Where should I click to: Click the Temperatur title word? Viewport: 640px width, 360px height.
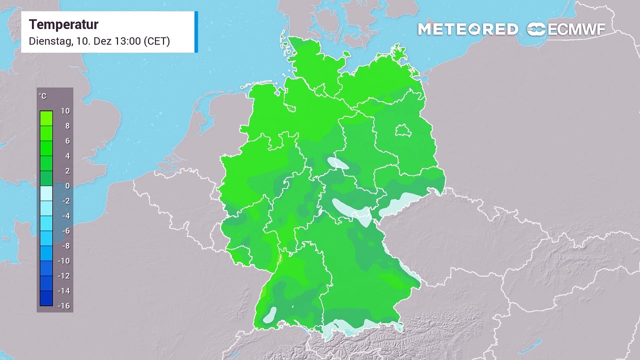(63, 24)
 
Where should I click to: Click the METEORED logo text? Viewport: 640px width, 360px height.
(467, 29)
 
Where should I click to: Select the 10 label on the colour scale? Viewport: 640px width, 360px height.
(65, 111)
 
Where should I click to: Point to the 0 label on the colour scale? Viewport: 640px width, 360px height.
(67, 186)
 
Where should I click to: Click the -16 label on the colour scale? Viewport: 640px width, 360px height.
(64, 306)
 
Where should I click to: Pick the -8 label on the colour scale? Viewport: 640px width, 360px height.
(65, 246)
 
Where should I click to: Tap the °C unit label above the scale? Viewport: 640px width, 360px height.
(42, 96)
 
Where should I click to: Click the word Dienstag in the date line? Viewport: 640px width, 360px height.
(49, 41)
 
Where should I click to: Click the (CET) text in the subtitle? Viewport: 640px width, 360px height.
(157, 41)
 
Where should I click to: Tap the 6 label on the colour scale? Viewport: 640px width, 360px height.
(67, 141)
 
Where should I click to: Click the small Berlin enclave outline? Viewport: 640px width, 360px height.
(403, 131)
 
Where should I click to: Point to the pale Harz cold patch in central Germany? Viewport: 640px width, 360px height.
(338, 163)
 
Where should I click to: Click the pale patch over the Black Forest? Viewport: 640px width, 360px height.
(270, 314)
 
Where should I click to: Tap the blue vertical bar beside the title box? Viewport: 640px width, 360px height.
(196, 31)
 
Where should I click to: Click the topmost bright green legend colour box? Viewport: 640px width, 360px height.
(46, 118)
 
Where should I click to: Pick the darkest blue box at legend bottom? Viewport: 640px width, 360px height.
(46, 298)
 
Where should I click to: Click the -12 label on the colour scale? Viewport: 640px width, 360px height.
(64, 276)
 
